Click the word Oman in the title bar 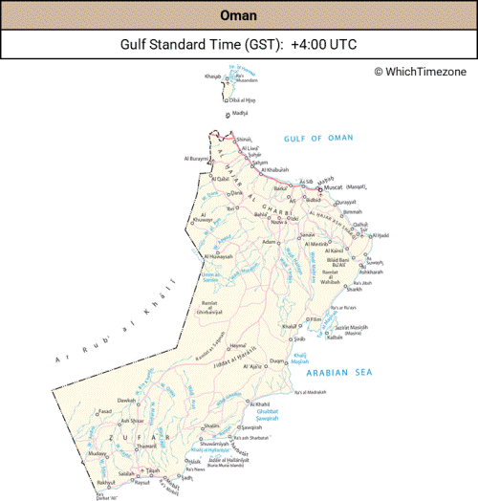[x=238, y=15]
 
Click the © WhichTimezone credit [x=421, y=72]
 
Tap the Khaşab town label [x=212, y=76]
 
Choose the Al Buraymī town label [x=198, y=159]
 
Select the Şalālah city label [x=126, y=473]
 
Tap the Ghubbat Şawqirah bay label [x=267, y=412]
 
